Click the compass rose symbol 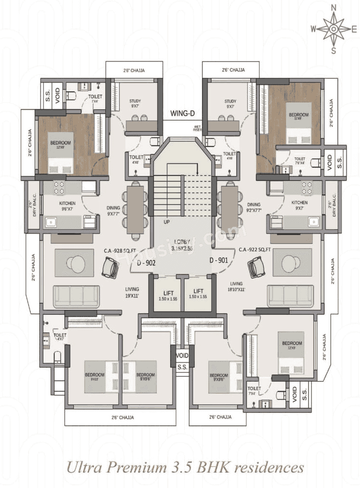[333, 29]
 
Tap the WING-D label [182, 114]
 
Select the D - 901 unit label [218, 261]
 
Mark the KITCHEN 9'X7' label [299, 205]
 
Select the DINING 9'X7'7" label [114, 211]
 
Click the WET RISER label [197, 128]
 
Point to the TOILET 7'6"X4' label [300, 161]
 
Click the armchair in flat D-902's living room [111, 267]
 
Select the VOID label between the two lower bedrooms [182, 355]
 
